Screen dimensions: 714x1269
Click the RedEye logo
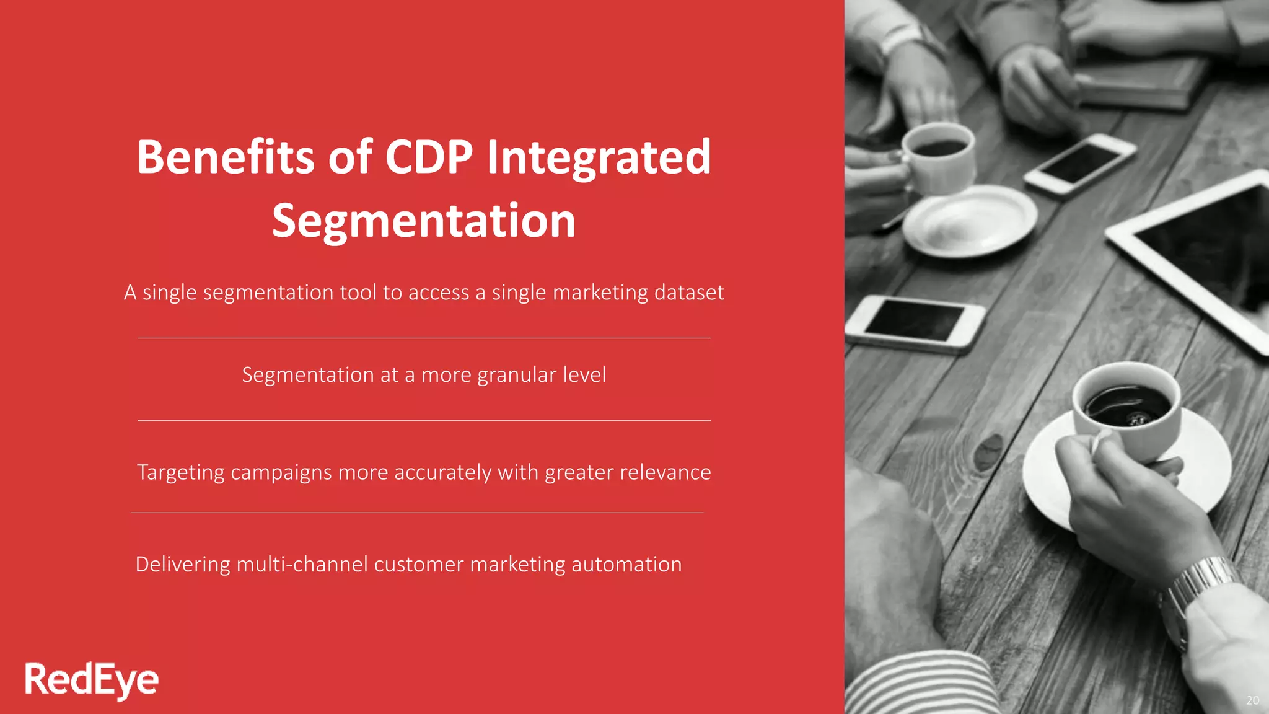pos(92,680)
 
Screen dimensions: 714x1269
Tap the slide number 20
pos(1252,700)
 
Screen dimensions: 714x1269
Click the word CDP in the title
pos(429,157)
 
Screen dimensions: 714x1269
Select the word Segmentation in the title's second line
pos(424,221)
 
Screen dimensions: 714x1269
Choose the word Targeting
pos(180,473)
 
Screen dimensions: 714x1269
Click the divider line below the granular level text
pos(424,420)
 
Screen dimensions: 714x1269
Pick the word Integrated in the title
pos(599,157)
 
